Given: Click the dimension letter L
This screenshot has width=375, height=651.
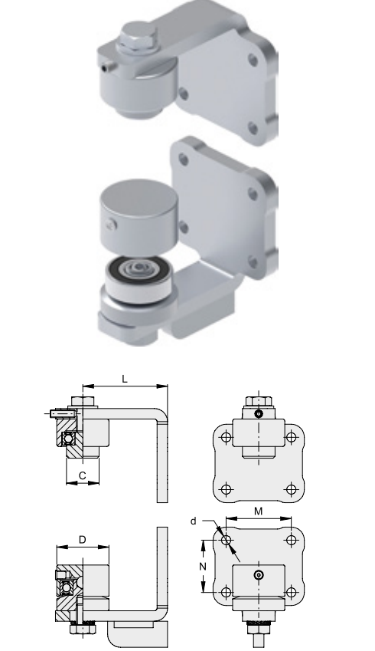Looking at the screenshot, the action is [124, 379].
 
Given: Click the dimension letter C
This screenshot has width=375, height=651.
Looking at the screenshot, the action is [83, 476].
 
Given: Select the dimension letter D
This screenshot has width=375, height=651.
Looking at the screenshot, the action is [83, 540].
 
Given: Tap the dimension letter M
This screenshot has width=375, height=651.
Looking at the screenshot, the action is [258, 511].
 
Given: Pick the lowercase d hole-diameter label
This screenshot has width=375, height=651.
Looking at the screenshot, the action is [193, 521].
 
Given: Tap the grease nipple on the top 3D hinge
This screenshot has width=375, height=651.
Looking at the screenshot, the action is [109, 67].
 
